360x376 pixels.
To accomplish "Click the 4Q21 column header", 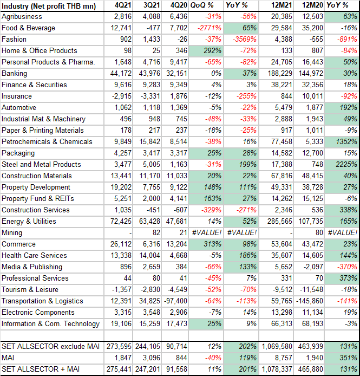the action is tap(123, 5).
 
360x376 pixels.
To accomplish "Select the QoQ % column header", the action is tap(202, 5).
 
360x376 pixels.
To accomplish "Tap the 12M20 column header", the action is tap(312, 5).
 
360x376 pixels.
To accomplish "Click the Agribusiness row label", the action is tap(22, 17).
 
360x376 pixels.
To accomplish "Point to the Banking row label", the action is tap(15, 73).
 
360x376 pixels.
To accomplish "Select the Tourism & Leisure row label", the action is tap(30, 289).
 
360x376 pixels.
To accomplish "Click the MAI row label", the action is tap(8, 358).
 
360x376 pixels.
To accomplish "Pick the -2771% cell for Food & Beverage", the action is tap(210, 28).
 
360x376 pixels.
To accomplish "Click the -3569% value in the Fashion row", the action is tap(245, 40).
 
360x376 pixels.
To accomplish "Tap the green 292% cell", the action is tap(206, 50).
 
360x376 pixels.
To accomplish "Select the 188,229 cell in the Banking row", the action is tap(280, 73).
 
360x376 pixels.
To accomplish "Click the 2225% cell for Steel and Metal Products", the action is tap(346, 165).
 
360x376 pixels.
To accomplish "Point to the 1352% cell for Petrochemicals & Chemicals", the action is tap(346, 142).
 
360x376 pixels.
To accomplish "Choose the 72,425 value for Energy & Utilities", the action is tap(121, 222).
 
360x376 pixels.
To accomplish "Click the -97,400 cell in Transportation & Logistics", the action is tap(175, 301).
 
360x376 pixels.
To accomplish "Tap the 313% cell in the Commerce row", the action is tap(212, 244).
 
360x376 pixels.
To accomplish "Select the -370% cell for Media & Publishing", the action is tap(347, 267).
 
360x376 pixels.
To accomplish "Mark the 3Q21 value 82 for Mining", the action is tap(156, 232).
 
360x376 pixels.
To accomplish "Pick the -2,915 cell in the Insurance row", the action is tap(122, 96).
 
